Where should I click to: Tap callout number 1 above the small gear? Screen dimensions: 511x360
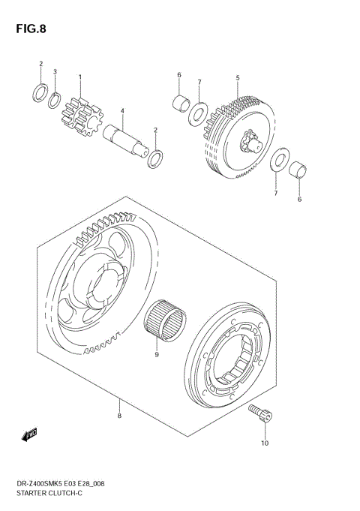(80, 77)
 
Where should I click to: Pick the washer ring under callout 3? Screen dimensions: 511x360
(55, 99)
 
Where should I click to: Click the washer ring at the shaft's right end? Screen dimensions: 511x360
(156, 158)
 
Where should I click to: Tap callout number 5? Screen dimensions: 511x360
(237, 77)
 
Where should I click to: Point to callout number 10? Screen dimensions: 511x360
(264, 444)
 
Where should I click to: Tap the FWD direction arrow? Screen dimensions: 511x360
(30, 434)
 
